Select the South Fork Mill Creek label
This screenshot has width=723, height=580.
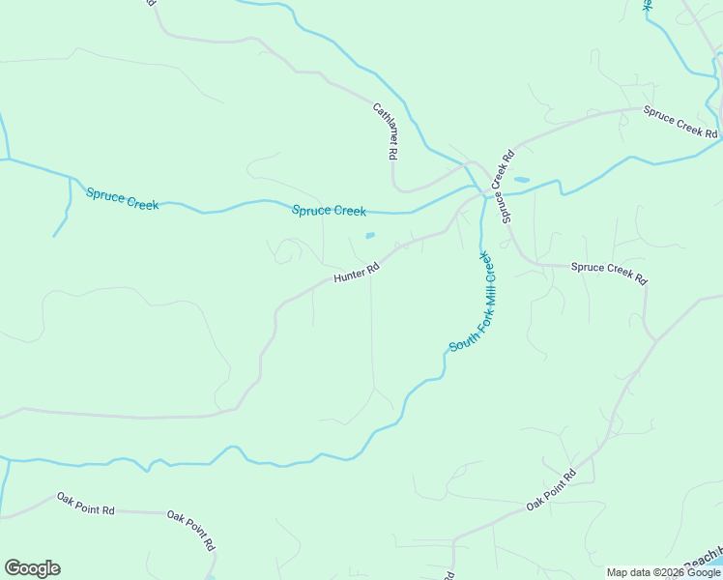[x=474, y=303]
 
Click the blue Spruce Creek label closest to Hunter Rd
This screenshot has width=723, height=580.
[x=329, y=211]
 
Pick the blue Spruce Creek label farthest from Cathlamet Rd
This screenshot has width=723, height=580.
[x=122, y=199]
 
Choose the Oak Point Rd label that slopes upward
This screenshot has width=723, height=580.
[x=551, y=490]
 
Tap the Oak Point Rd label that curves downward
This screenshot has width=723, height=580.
[x=190, y=531]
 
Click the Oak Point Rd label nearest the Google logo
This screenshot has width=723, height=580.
[x=86, y=503]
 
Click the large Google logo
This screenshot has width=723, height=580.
[x=32, y=568]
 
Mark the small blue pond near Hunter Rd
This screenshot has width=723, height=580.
[x=369, y=235]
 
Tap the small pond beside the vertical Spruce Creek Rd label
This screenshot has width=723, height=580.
[x=522, y=180]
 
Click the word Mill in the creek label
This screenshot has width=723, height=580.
[x=490, y=293]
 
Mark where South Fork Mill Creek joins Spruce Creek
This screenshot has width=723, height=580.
[x=480, y=191]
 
